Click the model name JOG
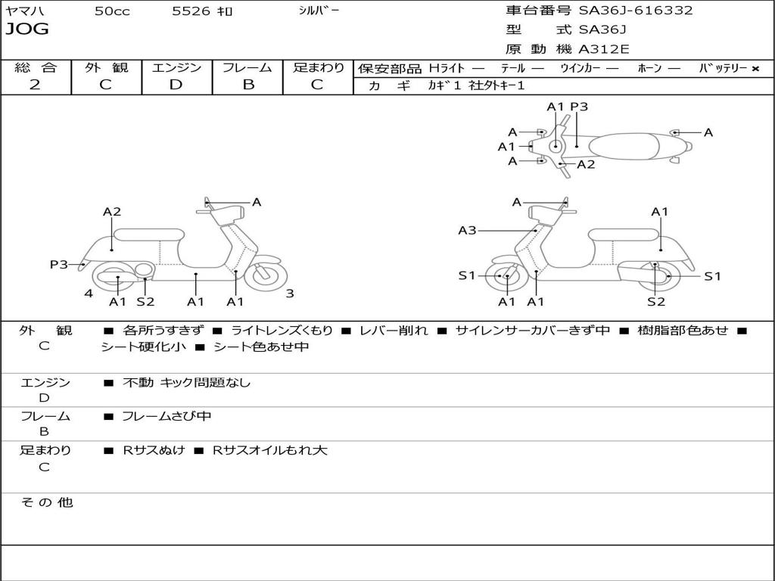(x=27, y=30)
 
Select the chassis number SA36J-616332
(x=636, y=11)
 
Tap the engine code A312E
(x=603, y=49)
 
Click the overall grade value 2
(x=35, y=85)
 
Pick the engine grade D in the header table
(x=176, y=85)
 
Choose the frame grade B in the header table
(x=248, y=85)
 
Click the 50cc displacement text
(x=112, y=11)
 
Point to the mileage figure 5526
(x=191, y=11)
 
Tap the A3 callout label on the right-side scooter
(x=467, y=230)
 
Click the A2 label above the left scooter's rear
(x=112, y=212)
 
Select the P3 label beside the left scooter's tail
(x=59, y=264)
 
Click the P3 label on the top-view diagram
(x=579, y=106)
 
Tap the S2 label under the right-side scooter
(x=656, y=301)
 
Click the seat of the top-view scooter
(x=624, y=147)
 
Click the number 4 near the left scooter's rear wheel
(x=89, y=294)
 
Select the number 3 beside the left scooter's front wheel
(x=290, y=294)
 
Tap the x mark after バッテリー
(x=755, y=69)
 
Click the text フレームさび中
(x=167, y=416)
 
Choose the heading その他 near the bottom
(x=46, y=502)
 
